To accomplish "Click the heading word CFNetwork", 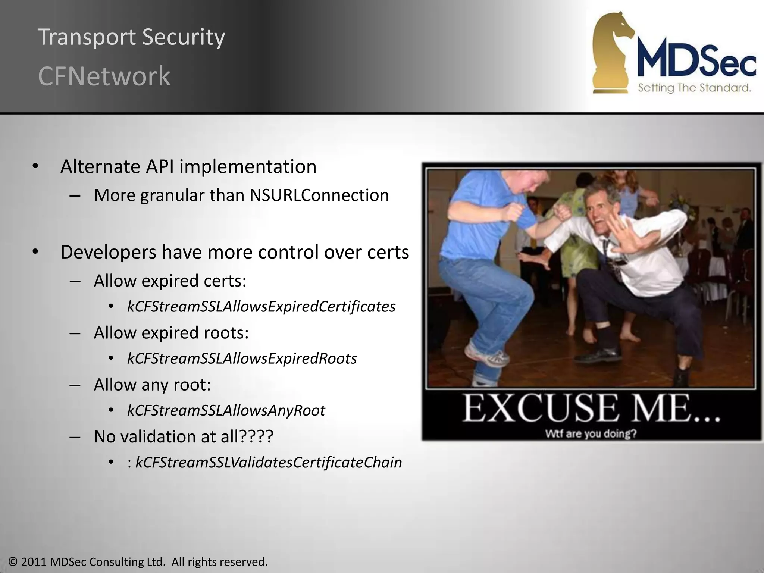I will click(104, 76).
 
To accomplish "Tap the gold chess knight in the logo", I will click(612, 52).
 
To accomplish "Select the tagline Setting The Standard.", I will click(694, 88).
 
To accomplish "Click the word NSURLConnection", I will click(319, 195).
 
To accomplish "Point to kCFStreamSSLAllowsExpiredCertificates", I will click(261, 307).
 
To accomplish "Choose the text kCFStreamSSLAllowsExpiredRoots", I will click(242, 358).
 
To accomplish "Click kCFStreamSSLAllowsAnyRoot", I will click(226, 410).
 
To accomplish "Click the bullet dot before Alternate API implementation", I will click(35, 166).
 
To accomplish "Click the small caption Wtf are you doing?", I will click(591, 434).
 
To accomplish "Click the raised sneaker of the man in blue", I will click(481, 356).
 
